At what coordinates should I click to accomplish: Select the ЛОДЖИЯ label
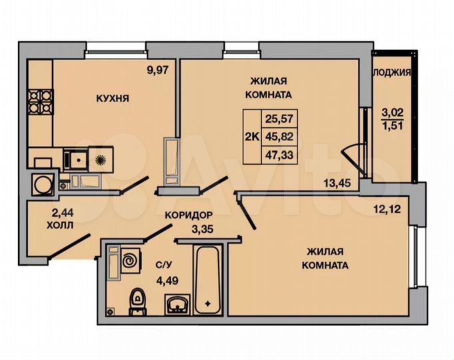coord(391,73)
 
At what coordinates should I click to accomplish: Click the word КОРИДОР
coord(189,215)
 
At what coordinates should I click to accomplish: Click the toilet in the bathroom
coord(137,297)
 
